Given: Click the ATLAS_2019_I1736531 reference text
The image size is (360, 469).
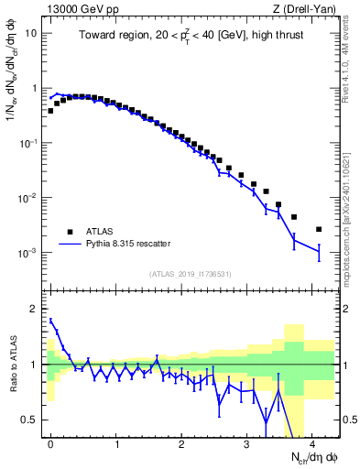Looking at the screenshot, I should [x=191, y=273].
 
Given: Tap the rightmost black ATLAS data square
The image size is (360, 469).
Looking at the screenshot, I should [x=319, y=229].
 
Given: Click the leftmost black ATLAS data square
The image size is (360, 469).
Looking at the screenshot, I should [x=50, y=111].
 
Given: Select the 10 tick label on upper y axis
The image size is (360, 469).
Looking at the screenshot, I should [x=31, y=33].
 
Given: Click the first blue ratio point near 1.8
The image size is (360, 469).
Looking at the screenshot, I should [x=51, y=320].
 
